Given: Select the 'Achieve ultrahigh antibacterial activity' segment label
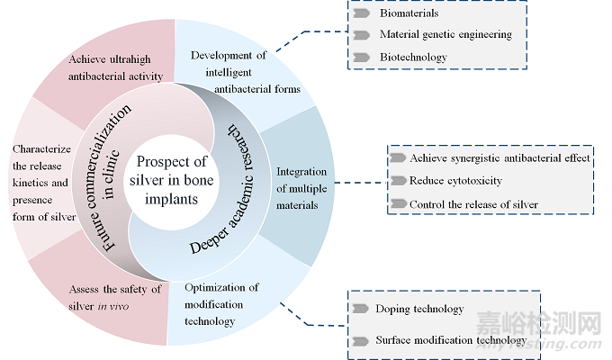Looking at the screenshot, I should (x=116, y=67).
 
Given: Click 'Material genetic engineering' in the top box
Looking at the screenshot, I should (x=445, y=35).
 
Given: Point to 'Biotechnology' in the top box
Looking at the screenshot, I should (x=413, y=57).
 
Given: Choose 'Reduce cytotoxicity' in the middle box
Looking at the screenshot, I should (x=455, y=181).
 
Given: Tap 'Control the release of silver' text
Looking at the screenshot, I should (x=473, y=204).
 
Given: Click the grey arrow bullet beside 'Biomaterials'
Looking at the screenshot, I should (x=362, y=14).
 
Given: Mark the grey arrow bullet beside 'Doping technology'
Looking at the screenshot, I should (x=362, y=309).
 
